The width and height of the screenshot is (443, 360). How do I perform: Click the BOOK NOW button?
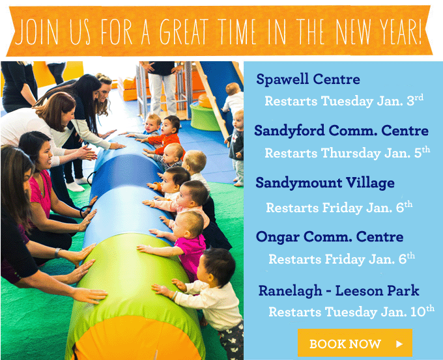[x=355, y=343]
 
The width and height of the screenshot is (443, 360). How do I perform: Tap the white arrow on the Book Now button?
[x=399, y=344]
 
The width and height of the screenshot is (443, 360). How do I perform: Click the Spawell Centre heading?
[x=308, y=79]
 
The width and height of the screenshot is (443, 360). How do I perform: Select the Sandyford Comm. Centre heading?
[x=341, y=130]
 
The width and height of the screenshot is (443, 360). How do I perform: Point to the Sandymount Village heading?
[x=325, y=183]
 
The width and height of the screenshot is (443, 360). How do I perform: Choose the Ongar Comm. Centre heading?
[x=330, y=236]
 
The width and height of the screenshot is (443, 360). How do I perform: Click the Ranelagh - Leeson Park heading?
[x=339, y=290]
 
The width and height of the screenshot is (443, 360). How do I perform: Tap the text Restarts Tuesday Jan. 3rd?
[x=344, y=100]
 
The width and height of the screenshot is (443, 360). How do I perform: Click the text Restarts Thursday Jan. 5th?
[x=347, y=153]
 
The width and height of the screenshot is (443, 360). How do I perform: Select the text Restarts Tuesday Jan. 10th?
[x=351, y=311]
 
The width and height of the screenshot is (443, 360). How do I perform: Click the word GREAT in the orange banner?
[x=184, y=31]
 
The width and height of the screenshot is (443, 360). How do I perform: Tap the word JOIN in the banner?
[x=36, y=31]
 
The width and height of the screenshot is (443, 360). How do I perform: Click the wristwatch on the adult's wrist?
[x=57, y=253]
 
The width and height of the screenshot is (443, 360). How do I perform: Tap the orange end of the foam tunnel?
[x=136, y=339]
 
